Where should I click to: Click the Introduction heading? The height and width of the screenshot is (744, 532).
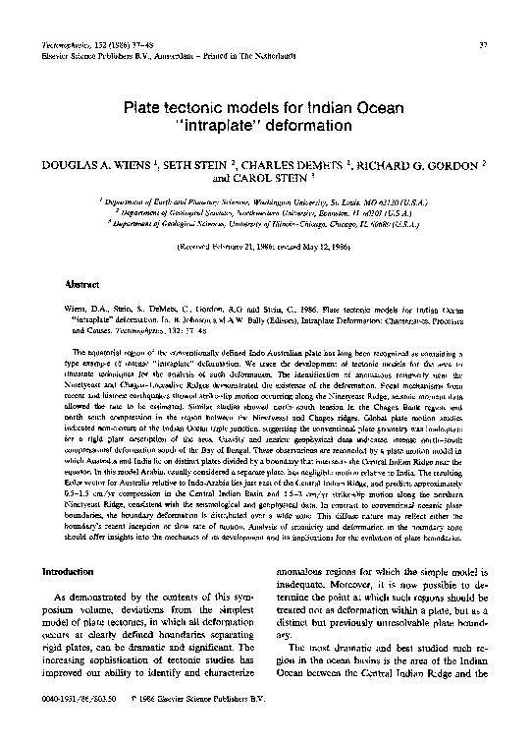coord(66,570)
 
